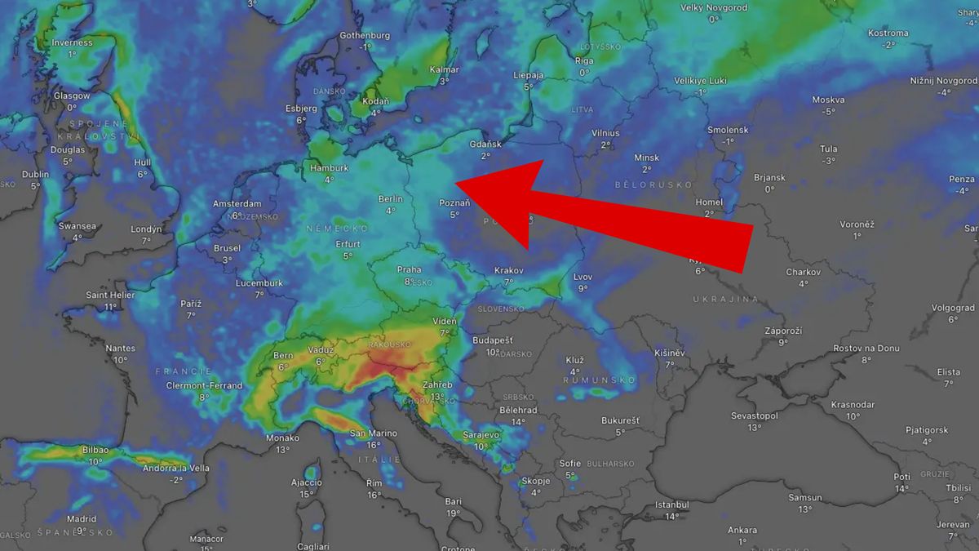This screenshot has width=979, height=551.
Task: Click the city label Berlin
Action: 391,198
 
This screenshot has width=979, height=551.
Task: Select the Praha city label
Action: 409,269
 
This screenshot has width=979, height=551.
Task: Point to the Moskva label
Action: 828,100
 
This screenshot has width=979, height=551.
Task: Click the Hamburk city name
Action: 329,168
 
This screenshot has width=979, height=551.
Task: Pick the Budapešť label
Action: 492,340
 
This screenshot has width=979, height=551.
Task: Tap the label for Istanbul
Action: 671,504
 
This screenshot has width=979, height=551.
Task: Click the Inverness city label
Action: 72,42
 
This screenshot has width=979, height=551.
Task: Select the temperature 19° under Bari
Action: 454,513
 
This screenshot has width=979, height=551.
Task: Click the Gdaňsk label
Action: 485,144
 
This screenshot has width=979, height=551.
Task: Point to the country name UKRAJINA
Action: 725,300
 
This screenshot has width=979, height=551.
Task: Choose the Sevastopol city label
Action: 754,415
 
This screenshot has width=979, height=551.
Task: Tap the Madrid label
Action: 82,518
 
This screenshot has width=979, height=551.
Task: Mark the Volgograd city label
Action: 952,308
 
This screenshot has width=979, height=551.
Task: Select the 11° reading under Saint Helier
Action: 110,307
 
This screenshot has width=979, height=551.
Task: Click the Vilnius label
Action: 605,133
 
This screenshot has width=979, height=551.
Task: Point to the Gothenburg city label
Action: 365,35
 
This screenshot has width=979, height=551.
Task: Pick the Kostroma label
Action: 888,33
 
